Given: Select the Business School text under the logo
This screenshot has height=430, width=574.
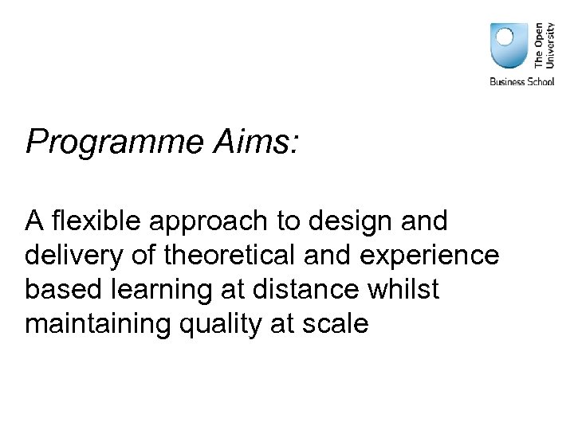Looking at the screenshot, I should (521, 82).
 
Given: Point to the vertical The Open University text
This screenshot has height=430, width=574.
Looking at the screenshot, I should (544, 45).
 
